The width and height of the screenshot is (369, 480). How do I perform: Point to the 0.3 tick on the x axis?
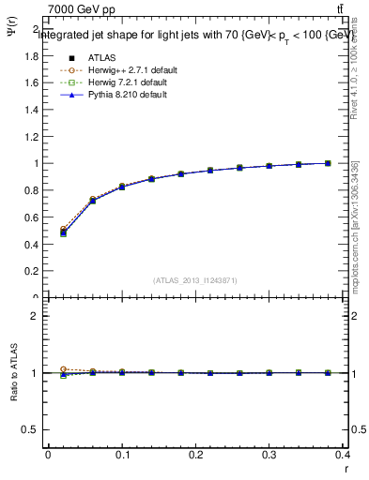pyautogui.click(x=272, y=456)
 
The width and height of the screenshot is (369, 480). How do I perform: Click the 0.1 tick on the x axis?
pyautogui.click(x=122, y=456)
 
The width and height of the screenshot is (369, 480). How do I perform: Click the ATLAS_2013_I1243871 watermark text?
pyautogui.click(x=195, y=280)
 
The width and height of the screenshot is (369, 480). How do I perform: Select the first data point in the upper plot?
pyautogui.click(x=63, y=232)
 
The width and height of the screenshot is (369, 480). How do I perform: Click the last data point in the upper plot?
pyautogui.click(x=328, y=163)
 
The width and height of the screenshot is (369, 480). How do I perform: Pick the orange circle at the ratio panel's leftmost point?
pyautogui.click(x=63, y=369)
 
